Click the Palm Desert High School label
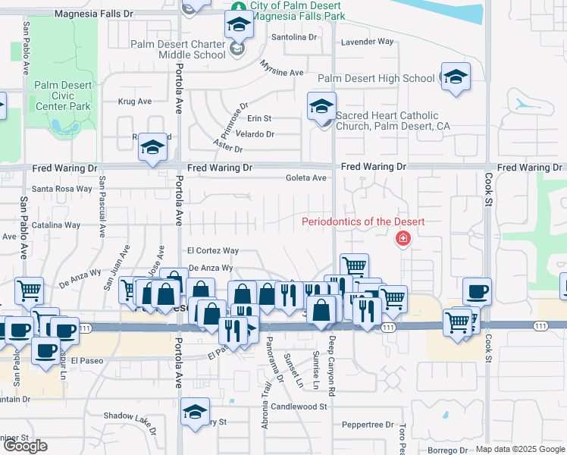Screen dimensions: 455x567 click(x=376, y=78)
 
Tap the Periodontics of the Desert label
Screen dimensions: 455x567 click(x=363, y=222)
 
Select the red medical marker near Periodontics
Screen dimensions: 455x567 click(x=403, y=240)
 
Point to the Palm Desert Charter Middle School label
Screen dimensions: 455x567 click(x=178, y=49)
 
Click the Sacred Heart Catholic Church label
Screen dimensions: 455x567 click(x=387, y=121)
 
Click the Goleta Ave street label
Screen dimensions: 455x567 click(x=305, y=178)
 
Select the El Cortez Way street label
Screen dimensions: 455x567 click(x=213, y=250)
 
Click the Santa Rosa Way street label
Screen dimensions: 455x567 click(x=61, y=189)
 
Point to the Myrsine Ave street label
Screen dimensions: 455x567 click(x=281, y=73)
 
